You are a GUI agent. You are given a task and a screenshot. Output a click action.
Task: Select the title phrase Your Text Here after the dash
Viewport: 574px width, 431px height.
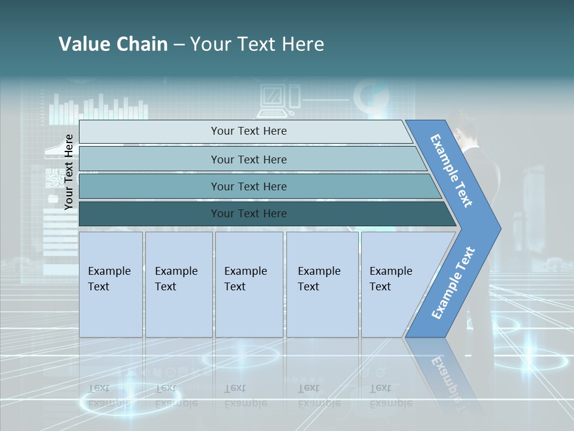[x=257, y=44]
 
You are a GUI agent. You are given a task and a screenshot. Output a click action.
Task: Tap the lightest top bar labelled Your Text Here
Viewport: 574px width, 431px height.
[x=248, y=131]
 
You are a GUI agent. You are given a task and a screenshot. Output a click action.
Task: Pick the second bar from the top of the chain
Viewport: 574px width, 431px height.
[x=248, y=159]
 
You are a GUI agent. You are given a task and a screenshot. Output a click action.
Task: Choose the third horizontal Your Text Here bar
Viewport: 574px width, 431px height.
[x=248, y=186]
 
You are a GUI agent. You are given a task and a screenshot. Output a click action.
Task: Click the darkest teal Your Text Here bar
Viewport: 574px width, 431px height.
[x=248, y=214]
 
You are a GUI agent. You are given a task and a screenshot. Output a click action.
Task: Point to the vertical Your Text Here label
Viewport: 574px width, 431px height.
[x=69, y=172]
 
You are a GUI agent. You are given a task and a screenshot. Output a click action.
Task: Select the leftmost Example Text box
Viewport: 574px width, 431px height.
[x=111, y=284]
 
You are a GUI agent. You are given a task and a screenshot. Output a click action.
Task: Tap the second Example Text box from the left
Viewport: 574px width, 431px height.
[x=178, y=284]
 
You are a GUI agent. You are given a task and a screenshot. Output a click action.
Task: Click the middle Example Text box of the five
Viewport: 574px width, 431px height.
[x=249, y=284]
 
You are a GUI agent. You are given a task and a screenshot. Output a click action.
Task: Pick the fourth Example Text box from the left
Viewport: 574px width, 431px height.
[x=322, y=284]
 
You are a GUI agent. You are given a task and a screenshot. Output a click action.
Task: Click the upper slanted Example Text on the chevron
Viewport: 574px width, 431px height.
[x=451, y=171]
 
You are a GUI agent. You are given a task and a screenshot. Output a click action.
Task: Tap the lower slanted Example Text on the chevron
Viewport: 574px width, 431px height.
[x=453, y=283]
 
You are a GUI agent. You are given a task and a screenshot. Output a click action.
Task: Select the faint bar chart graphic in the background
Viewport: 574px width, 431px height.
[x=99, y=110]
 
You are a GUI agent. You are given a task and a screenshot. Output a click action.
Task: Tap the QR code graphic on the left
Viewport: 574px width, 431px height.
[x=54, y=178]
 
